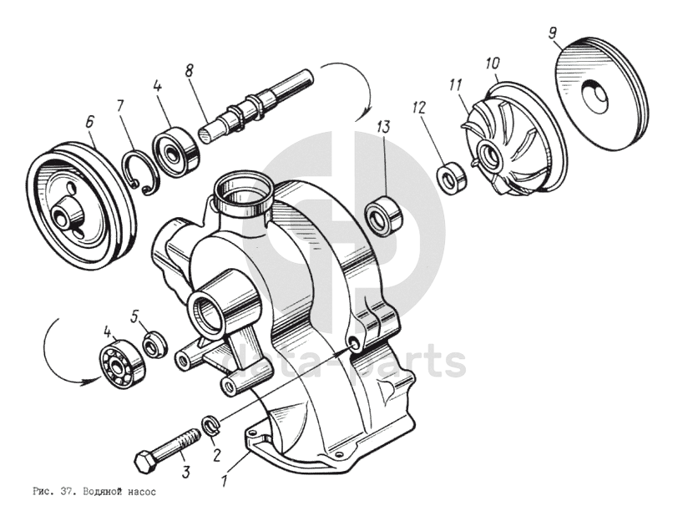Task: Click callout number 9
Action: [553, 33]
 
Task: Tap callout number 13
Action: [383, 127]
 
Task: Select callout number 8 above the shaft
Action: [190, 71]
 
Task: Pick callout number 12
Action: [418, 107]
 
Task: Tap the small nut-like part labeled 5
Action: [153, 345]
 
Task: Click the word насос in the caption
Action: [143, 492]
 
